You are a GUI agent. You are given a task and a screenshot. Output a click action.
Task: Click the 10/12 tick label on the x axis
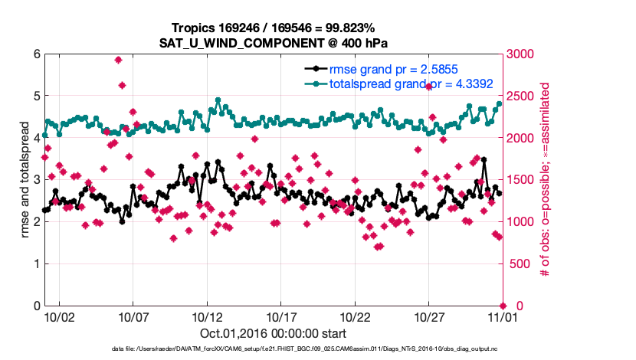pyautogui.click(x=206, y=316)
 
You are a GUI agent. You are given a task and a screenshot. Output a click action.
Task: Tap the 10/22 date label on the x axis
pyautogui.click(x=355, y=316)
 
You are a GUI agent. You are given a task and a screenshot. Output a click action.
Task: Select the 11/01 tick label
pyautogui.click(x=503, y=316)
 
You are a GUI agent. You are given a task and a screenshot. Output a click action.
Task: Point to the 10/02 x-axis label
pyautogui.click(x=59, y=316)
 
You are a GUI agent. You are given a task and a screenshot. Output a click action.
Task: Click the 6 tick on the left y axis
pyautogui.click(x=36, y=54)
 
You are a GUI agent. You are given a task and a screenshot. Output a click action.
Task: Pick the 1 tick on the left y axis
pyautogui.click(x=36, y=264)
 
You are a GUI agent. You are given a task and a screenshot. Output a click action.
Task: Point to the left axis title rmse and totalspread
pyautogui.click(x=25, y=180)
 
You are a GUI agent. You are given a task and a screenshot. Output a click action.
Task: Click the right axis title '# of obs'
pyautogui.click(x=545, y=180)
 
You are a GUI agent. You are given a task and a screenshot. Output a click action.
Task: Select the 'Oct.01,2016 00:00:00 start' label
pyautogui.click(x=272, y=334)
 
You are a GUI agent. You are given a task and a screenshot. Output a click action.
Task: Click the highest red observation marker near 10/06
pyautogui.click(x=118, y=60)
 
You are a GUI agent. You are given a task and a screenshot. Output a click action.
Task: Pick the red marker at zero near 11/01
pyautogui.click(x=503, y=306)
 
